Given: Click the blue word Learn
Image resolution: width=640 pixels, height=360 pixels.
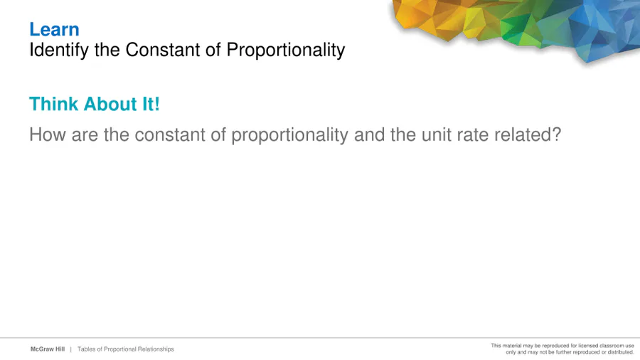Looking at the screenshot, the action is coord(54,29).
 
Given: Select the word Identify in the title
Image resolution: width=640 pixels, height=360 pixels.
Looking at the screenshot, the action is coord(59,51).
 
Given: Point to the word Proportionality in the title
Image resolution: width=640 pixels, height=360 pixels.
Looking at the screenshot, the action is coord(286,51).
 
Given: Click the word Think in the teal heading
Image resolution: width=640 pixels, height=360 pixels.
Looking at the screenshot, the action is coord(53,104).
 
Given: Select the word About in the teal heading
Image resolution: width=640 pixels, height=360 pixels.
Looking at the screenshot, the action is coord(110,104).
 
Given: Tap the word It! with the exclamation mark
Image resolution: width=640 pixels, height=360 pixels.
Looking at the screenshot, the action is coord(151,104).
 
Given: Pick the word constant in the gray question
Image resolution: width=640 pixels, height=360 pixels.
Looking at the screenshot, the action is coord(170,134).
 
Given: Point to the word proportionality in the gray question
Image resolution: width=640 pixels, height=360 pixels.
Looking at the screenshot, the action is coord(290,135).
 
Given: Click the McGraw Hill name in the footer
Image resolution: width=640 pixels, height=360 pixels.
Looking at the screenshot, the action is coord(48,349).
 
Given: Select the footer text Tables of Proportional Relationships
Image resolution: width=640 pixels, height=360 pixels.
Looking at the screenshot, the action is coord(126,349).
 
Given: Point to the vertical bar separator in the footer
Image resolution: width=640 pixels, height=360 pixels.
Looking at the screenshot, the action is coord(70,349).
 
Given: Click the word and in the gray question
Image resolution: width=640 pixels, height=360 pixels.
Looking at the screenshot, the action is coord(369,134).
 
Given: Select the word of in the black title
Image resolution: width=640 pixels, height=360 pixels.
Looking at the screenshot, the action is coord(213,50).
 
